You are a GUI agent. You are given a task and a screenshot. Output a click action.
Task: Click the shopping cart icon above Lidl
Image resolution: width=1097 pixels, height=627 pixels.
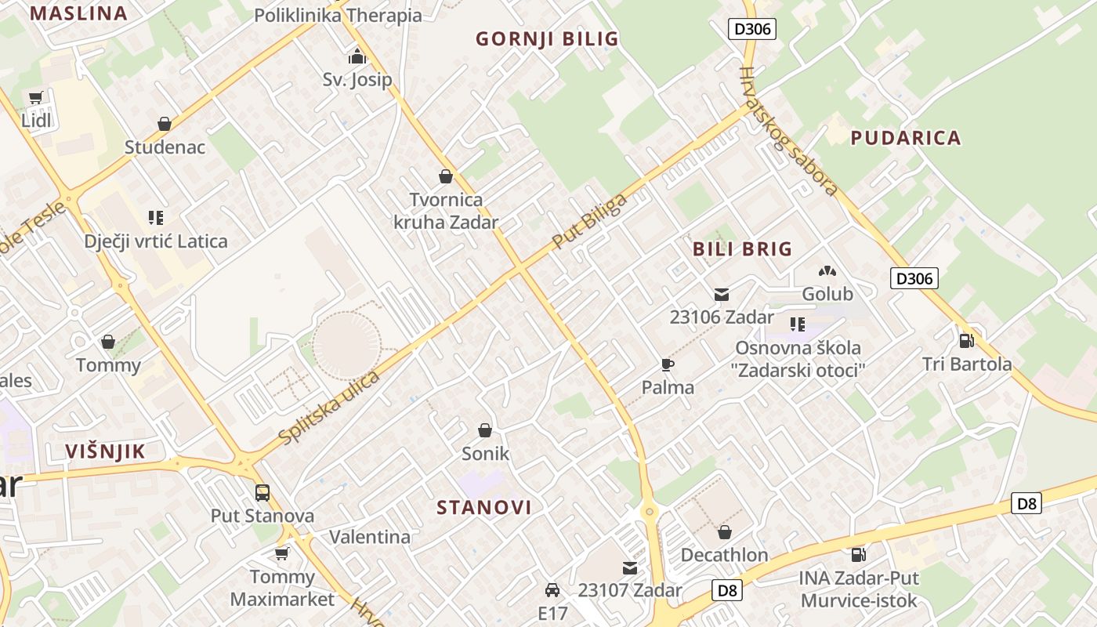pyautogui.click(x=35, y=98)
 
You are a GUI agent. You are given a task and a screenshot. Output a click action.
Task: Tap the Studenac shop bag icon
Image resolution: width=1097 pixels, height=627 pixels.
pyautogui.click(x=165, y=124)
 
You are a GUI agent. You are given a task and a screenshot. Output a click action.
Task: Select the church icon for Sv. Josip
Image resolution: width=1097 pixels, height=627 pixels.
pyautogui.click(x=357, y=56)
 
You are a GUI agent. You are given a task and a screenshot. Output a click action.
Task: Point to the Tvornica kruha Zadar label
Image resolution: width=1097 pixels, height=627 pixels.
pyautogui.click(x=445, y=211)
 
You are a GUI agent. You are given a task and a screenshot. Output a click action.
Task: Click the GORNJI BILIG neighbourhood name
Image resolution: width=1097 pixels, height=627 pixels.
pyautogui.click(x=547, y=38)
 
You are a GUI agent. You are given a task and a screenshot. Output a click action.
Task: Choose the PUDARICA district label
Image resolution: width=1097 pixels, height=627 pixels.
pyautogui.click(x=905, y=138)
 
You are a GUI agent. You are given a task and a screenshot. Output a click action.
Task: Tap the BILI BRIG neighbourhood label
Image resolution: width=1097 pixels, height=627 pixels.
pyautogui.click(x=742, y=249)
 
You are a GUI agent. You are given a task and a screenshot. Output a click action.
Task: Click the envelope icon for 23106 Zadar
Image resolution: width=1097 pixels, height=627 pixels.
pyautogui.click(x=722, y=295)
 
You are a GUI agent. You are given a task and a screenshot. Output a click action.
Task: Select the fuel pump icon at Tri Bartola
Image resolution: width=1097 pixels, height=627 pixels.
pyautogui.click(x=967, y=340)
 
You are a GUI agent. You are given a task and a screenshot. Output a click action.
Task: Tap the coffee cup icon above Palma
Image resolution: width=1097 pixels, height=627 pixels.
pyautogui.click(x=667, y=364)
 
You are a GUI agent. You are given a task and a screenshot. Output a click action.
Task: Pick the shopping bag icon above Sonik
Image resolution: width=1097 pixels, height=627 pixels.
pyautogui.click(x=485, y=430)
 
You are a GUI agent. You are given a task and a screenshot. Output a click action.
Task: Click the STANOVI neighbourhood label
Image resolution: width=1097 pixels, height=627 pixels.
pyautogui.click(x=483, y=507)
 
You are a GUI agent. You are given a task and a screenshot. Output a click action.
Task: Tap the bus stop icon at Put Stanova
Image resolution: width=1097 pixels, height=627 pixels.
pyautogui.click(x=262, y=493)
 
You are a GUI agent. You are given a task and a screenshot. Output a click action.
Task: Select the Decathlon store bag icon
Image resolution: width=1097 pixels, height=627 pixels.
pyautogui.click(x=724, y=532)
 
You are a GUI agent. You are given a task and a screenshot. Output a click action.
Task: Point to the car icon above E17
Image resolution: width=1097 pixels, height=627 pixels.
pyautogui.click(x=552, y=589)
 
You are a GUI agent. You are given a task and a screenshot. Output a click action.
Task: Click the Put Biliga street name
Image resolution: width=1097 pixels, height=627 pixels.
pyautogui.click(x=589, y=222)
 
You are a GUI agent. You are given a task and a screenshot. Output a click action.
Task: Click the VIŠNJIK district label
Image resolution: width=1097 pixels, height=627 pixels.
pyautogui.click(x=105, y=451)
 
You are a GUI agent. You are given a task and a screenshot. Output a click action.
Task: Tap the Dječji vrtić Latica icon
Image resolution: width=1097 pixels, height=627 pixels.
pyautogui.click(x=156, y=218)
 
